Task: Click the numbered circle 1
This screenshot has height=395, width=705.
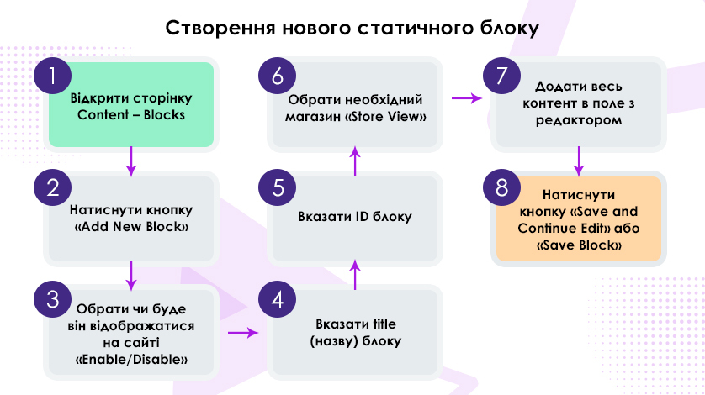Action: [x=53, y=76]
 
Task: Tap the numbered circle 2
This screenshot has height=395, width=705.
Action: [x=53, y=188]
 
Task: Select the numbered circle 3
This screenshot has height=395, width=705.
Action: [x=53, y=299]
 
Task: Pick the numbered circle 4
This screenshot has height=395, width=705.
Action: [x=277, y=299]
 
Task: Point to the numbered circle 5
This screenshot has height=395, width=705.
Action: [x=277, y=188]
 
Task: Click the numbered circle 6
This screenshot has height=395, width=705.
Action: [x=277, y=76]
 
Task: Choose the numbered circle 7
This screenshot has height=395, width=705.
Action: [x=501, y=76]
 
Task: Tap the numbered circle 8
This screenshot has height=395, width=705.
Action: [x=501, y=188]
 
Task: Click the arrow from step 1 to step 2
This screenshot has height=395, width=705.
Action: [x=131, y=161]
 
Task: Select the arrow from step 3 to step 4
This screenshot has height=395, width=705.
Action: [x=243, y=333]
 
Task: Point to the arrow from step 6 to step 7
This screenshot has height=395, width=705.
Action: [x=467, y=98]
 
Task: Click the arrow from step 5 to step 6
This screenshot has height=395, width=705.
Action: [x=355, y=161]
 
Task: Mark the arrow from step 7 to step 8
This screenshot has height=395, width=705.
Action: [x=579, y=161]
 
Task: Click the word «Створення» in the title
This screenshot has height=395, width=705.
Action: [x=220, y=28]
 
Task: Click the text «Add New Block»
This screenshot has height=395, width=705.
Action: [x=131, y=226]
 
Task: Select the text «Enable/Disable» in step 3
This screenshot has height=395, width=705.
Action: [x=131, y=360]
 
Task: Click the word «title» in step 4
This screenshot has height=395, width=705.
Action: [x=384, y=324]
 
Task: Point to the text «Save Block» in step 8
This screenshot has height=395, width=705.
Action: [x=579, y=245]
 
